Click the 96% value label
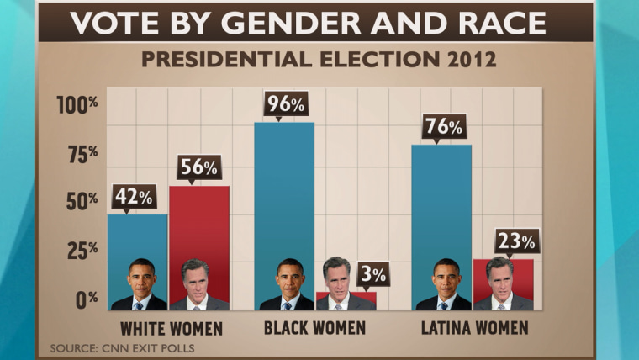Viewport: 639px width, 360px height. pyautogui.click(x=286, y=104)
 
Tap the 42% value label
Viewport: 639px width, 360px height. pyautogui.click(x=134, y=197)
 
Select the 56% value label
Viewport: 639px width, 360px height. pyautogui.click(x=198, y=167)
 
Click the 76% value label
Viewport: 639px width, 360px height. pyautogui.click(x=445, y=127)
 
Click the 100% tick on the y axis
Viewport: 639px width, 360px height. pyautogui.click(x=77, y=104)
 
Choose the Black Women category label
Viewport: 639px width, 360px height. pyautogui.click(x=314, y=327)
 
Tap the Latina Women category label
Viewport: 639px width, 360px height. pyautogui.click(x=474, y=327)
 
